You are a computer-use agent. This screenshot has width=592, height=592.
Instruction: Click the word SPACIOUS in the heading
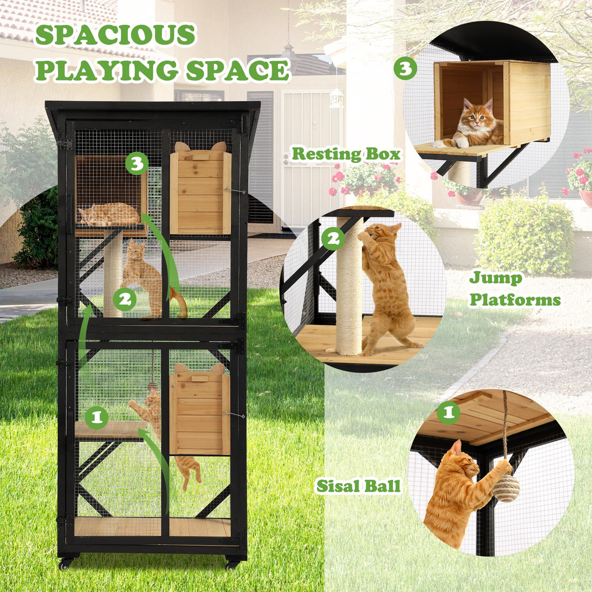tap(115, 35)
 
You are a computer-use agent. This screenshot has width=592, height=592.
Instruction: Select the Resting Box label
tap(346, 154)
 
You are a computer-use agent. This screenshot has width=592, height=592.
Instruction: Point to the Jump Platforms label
tap(514, 289)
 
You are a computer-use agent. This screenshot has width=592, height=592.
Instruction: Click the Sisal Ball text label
tap(358, 486)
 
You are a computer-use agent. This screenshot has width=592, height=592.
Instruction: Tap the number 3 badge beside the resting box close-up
tap(405, 68)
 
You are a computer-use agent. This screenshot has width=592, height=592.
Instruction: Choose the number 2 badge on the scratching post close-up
tap(333, 238)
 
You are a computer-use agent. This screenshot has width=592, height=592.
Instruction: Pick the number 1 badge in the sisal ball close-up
tap(448, 413)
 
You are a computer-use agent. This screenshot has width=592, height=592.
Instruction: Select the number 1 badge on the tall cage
tap(97, 417)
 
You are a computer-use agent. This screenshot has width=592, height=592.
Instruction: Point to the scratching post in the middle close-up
tap(349, 288)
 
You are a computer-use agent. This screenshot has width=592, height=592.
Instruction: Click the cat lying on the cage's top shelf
tap(109, 215)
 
